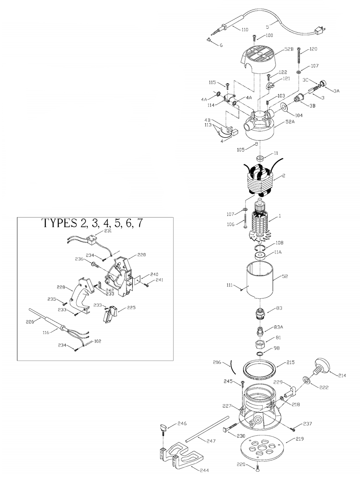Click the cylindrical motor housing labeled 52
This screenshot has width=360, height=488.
pos(260,281)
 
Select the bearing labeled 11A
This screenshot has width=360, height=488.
pos(260,256)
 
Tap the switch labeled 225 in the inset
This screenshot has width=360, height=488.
pos(110,314)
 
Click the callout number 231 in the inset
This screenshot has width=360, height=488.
pos(108,231)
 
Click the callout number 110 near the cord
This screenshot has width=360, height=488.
pos(245,30)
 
